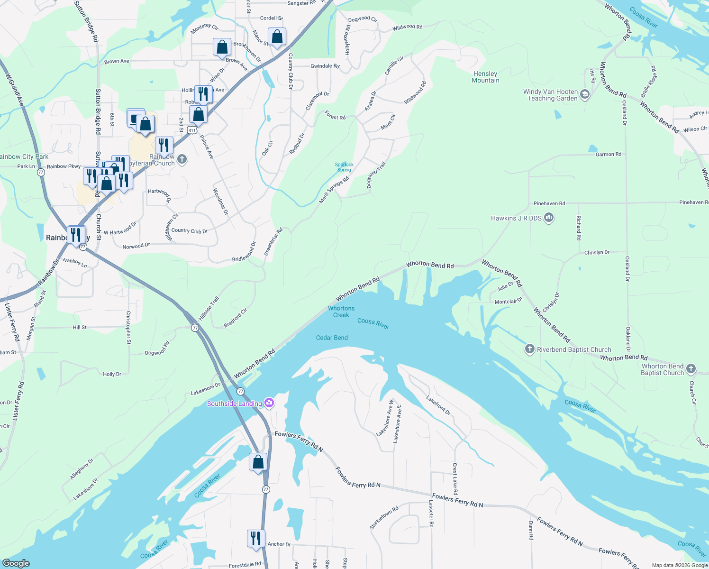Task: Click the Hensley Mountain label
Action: pos(485,77)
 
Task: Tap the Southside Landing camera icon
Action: pos(269,403)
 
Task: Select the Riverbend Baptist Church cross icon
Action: pos(529,349)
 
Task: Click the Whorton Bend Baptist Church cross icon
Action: pos(691,368)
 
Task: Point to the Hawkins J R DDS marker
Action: pos(549,218)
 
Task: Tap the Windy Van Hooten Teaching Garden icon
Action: pos(585,94)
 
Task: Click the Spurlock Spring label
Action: pos(344,167)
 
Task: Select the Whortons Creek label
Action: pos(341,312)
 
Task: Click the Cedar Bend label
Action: pos(332,338)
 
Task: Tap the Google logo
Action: pos(16,563)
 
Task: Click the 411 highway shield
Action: pos(191,130)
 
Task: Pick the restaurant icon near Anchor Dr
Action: pos(256,539)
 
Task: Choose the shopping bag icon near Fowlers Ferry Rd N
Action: pos(258,462)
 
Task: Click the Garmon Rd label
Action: pos(608,154)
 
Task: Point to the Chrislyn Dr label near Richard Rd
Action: pos(597,252)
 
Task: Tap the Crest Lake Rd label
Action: pos(455,479)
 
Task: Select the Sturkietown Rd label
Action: pos(384,518)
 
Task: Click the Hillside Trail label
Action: pos(209,308)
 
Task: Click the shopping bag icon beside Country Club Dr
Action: pos(277,37)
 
